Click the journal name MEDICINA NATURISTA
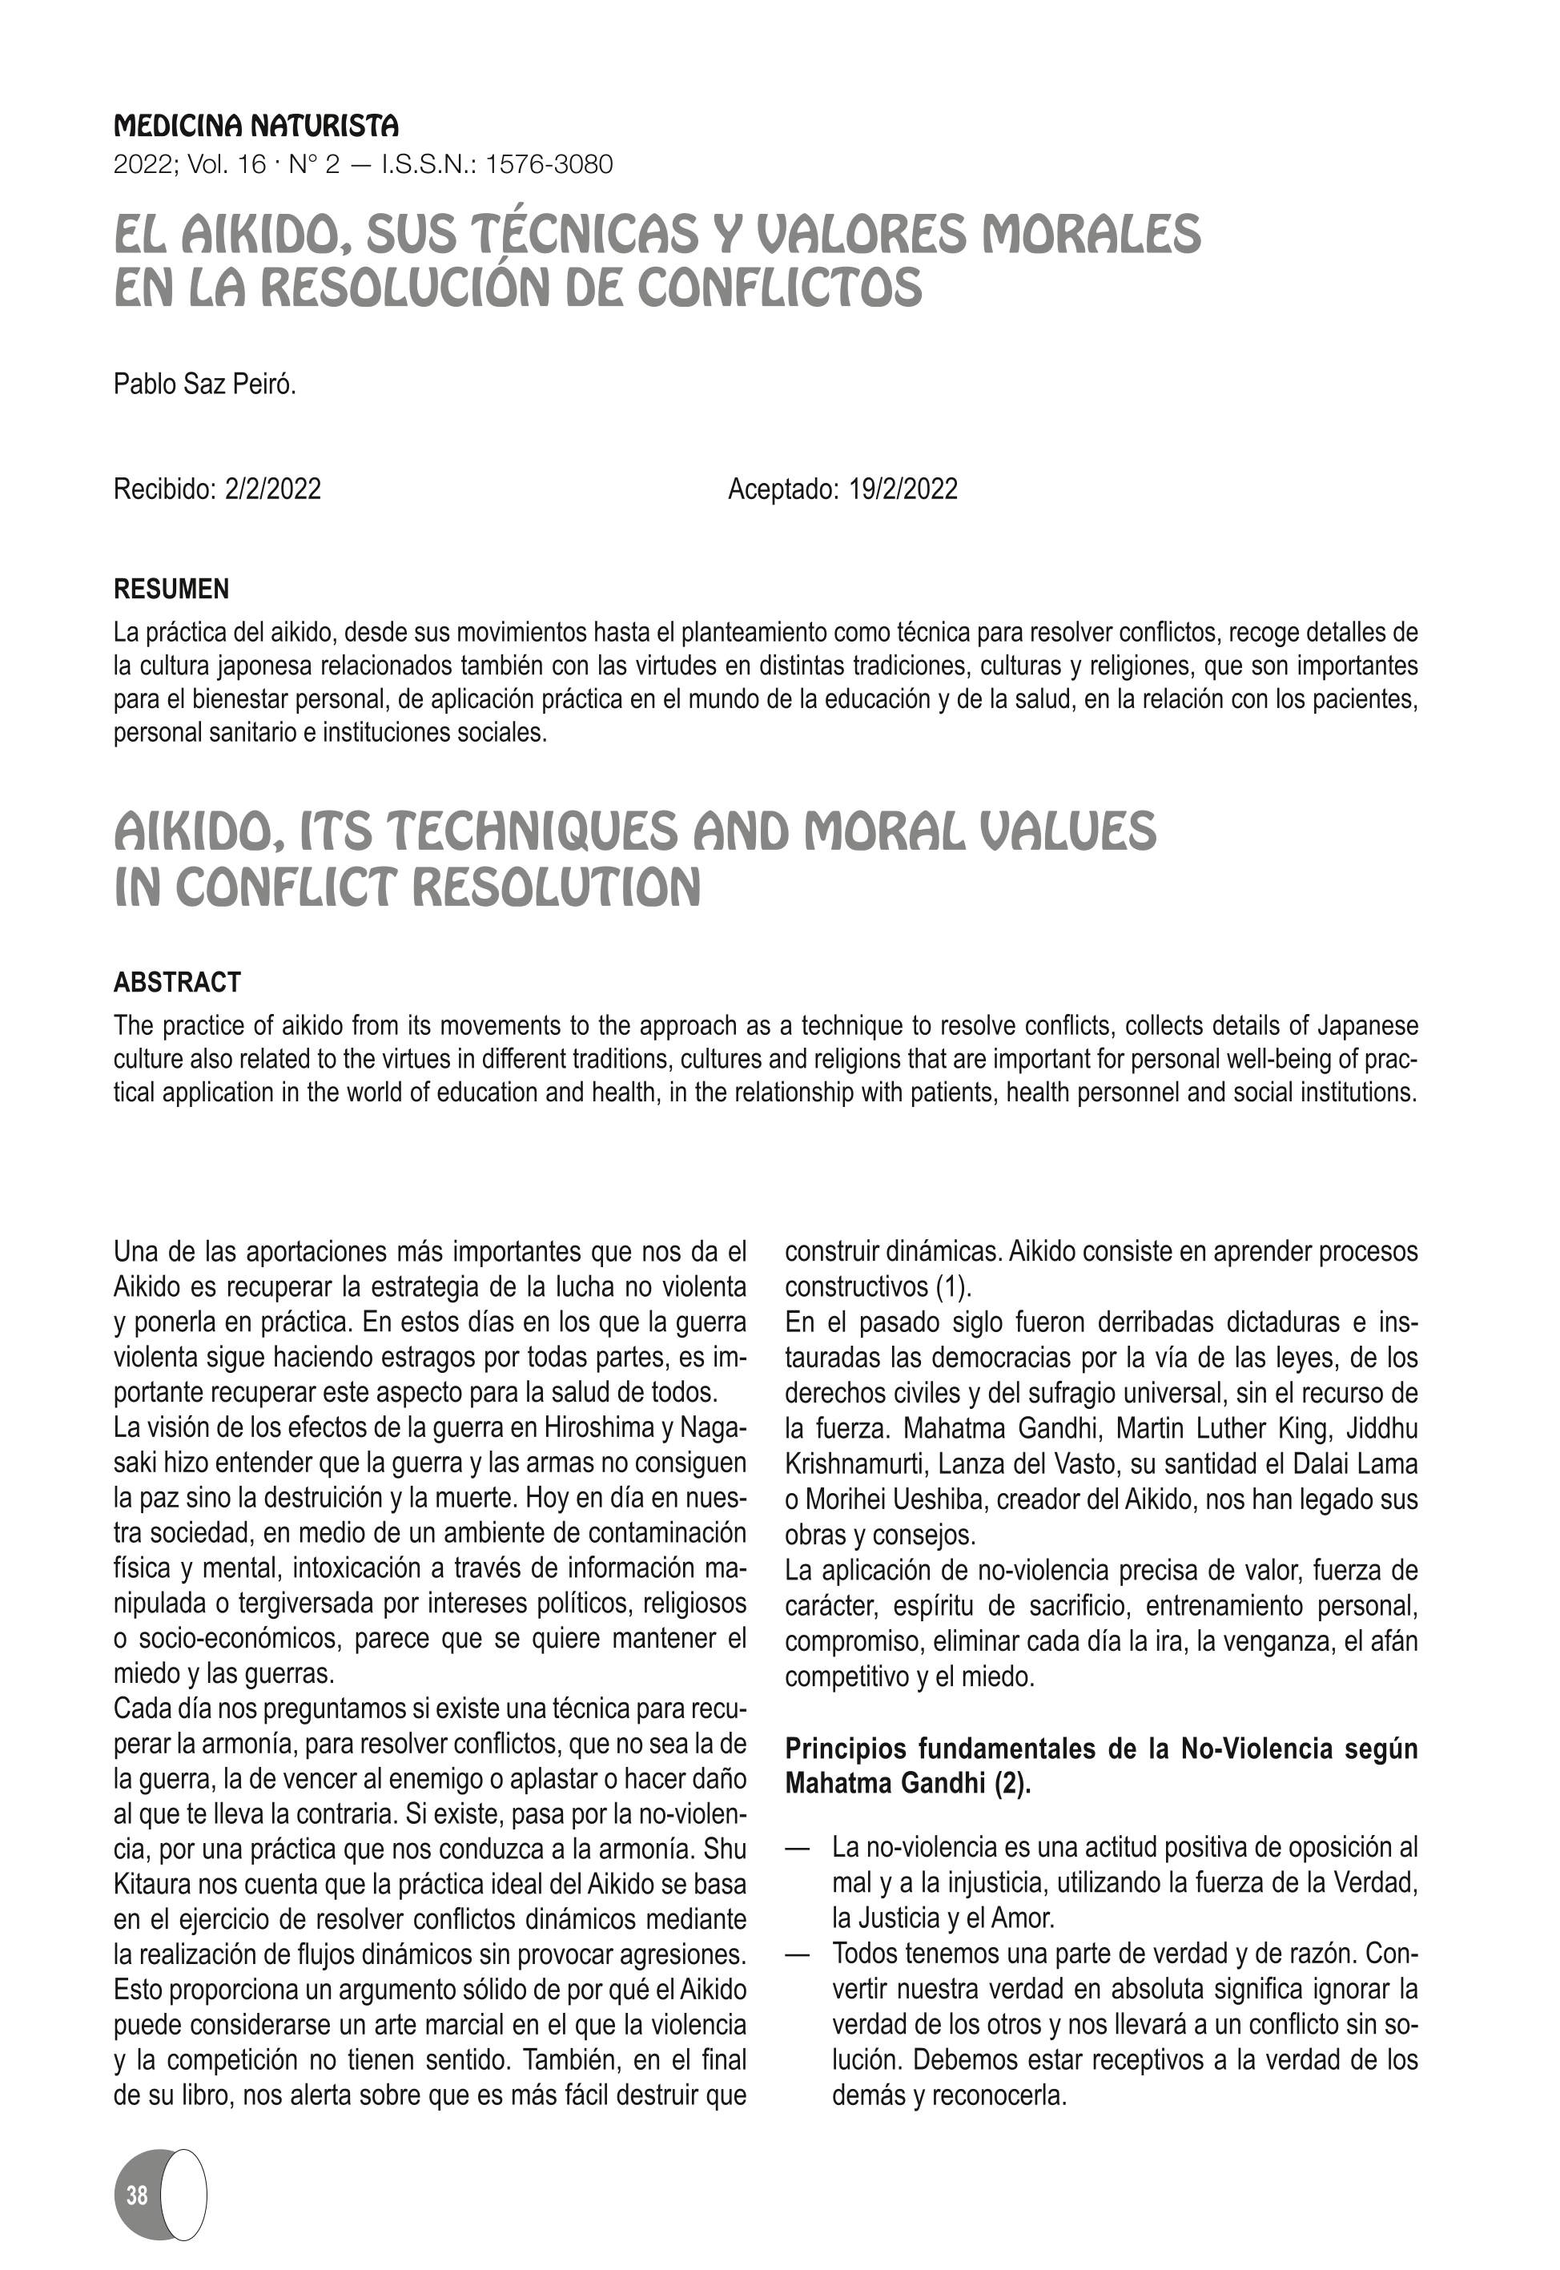(256, 126)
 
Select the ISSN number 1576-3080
(549, 164)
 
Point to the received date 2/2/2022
(273, 489)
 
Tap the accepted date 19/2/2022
(903, 489)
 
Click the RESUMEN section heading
(172, 590)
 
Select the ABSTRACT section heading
(177, 983)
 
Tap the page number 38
(137, 2195)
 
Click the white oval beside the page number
(183, 2195)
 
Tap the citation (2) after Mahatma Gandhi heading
(1012, 1784)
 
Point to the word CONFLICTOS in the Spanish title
(779, 288)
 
